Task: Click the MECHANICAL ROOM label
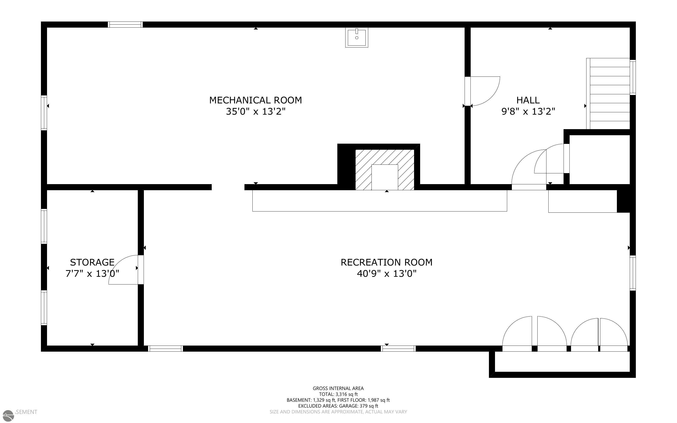pyautogui.click(x=256, y=100)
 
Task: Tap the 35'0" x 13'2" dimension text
pyautogui.click(x=256, y=112)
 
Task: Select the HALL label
pyautogui.click(x=528, y=100)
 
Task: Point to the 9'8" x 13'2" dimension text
pyautogui.click(x=528, y=112)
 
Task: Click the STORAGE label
pyautogui.click(x=92, y=263)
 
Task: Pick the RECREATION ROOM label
pyautogui.click(x=386, y=263)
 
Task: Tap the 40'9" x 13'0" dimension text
pyautogui.click(x=386, y=273)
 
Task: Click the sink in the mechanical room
pyautogui.click(x=357, y=37)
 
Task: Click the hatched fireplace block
pyautogui.click(x=385, y=170)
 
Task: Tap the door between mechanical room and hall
pyautogui.click(x=482, y=91)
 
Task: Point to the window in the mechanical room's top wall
pyautogui.click(x=125, y=24)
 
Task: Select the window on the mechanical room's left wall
pyautogui.click(x=44, y=113)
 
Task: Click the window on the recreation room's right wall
pyautogui.click(x=633, y=273)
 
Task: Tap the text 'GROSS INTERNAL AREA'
pyautogui.click(x=338, y=388)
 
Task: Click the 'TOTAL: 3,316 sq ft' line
pyautogui.click(x=338, y=394)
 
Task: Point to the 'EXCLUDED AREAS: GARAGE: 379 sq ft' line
pyautogui.click(x=338, y=406)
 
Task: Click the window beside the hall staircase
pyautogui.click(x=633, y=77)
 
